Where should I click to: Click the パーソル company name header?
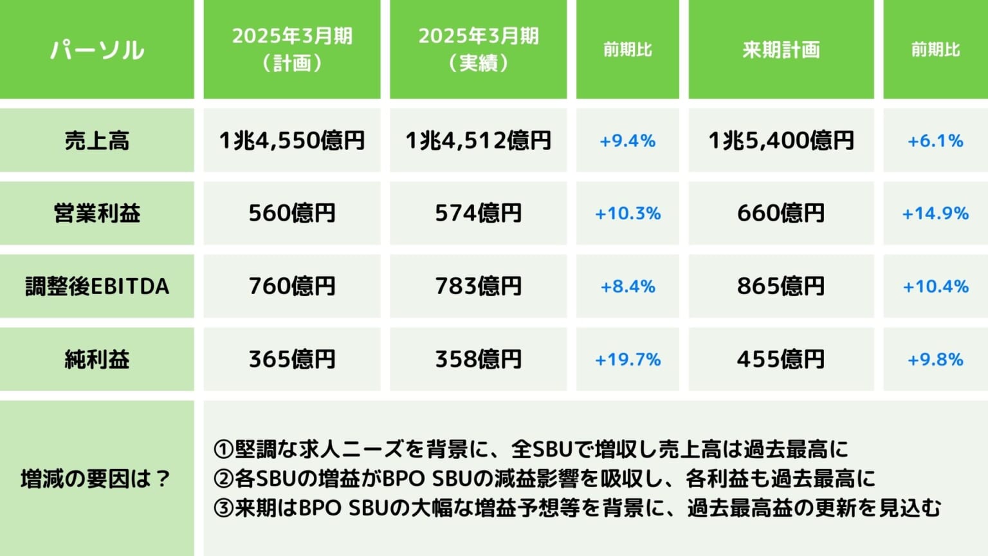pos(96,50)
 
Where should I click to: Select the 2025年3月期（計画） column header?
pos(292,50)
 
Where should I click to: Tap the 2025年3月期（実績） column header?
pos(478,50)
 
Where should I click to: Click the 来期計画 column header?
pos(781,50)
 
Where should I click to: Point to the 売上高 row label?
pos(96,140)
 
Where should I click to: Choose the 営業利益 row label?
pos(96,213)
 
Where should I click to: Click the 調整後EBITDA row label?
pos(96,286)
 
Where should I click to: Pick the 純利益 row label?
pos(96,359)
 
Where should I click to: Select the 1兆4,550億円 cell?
pos(292,140)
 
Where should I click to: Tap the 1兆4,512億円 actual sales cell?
pos(478,140)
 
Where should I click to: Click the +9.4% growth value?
pos(627,141)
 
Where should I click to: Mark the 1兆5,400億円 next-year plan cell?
pos(781,140)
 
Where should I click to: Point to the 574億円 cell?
pos(478,213)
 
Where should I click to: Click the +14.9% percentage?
pos(935,214)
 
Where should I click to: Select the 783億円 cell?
pos(478,286)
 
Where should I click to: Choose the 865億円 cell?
pos(781,286)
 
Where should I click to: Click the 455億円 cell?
pos(781,359)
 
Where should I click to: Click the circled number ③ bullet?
pos(223,508)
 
